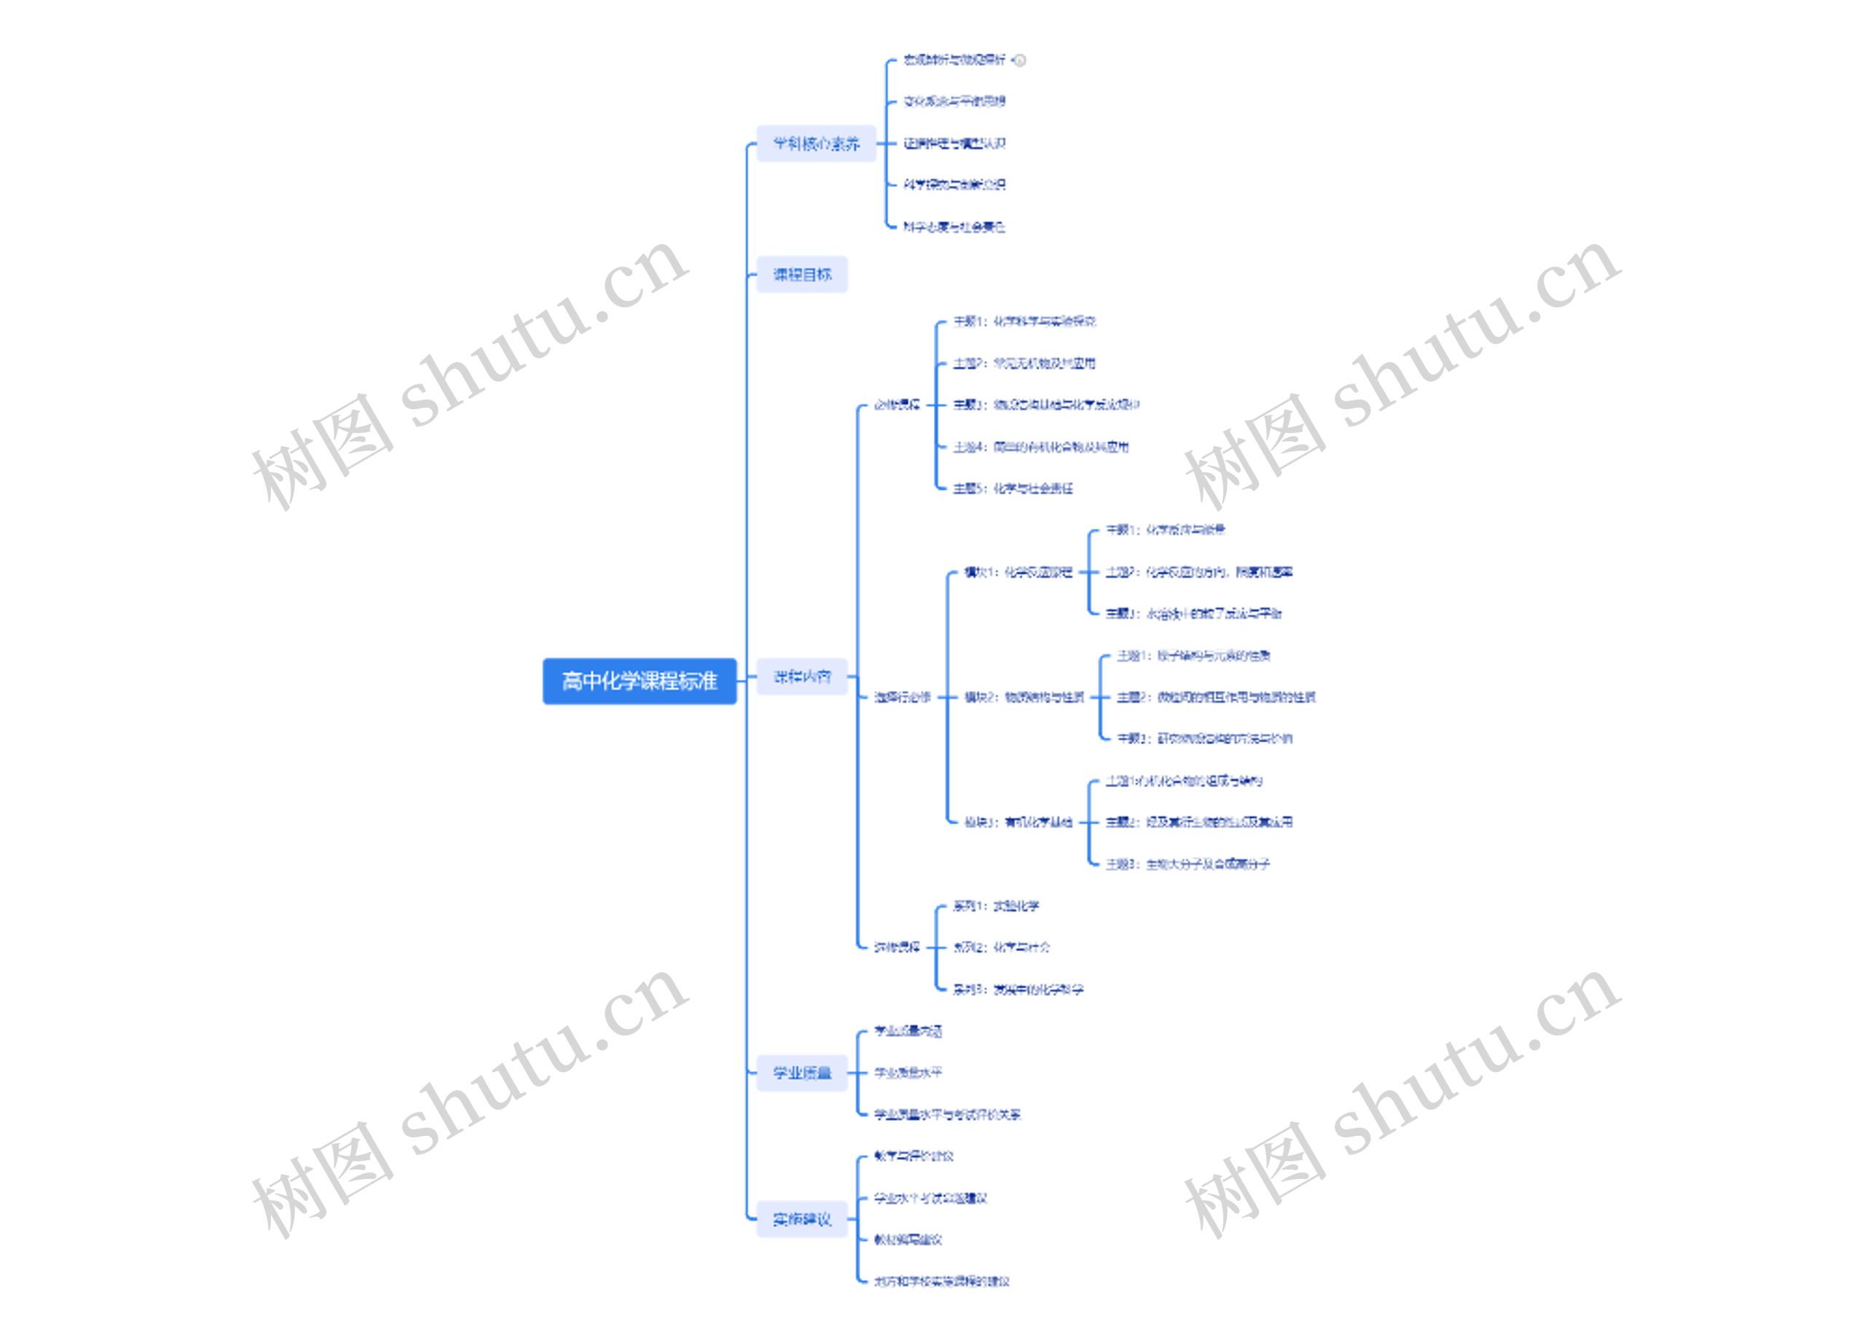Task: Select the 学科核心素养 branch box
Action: pyautogui.click(x=816, y=144)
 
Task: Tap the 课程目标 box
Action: pyautogui.click(x=802, y=275)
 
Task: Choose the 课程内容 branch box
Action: pyautogui.click(x=802, y=677)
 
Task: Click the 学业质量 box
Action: pyautogui.click(x=802, y=1073)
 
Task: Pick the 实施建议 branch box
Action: pyautogui.click(x=802, y=1219)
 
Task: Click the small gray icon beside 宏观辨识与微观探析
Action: pyautogui.click(x=1020, y=60)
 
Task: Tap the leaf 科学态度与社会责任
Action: pyautogui.click(x=954, y=226)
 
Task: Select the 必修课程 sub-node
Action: pyautogui.click(x=896, y=404)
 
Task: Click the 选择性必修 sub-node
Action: pyautogui.click(x=902, y=697)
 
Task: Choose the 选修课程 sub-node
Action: pyautogui.click(x=896, y=947)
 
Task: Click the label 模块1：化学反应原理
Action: pyautogui.click(x=1018, y=572)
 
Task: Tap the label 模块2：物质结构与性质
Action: pyautogui.click(x=1024, y=697)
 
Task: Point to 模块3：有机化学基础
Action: pyautogui.click(x=1018, y=822)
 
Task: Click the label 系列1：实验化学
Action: pyautogui.click(x=996, y=906)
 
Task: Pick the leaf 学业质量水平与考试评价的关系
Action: pyautogui.click(x=947, y=1114)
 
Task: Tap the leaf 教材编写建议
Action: pyautogui.click(x=908, y=1239)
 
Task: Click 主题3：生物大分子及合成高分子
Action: pyautogui.click(x=1187, y=864)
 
